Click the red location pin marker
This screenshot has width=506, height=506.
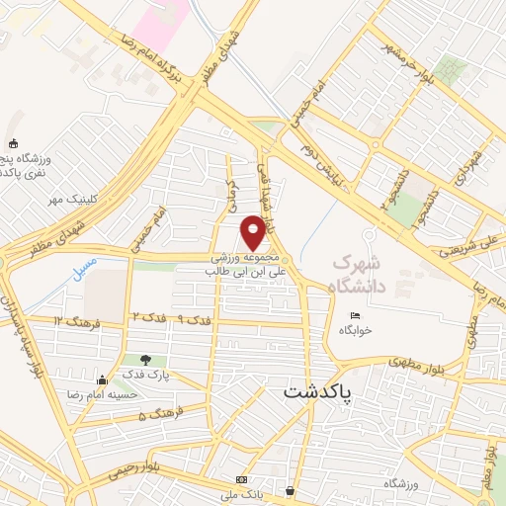pos(254,231)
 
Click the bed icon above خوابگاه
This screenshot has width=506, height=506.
pos(356,316)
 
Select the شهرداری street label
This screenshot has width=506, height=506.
pos(469,169)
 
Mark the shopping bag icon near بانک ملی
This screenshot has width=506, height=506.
pos(290,490)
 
